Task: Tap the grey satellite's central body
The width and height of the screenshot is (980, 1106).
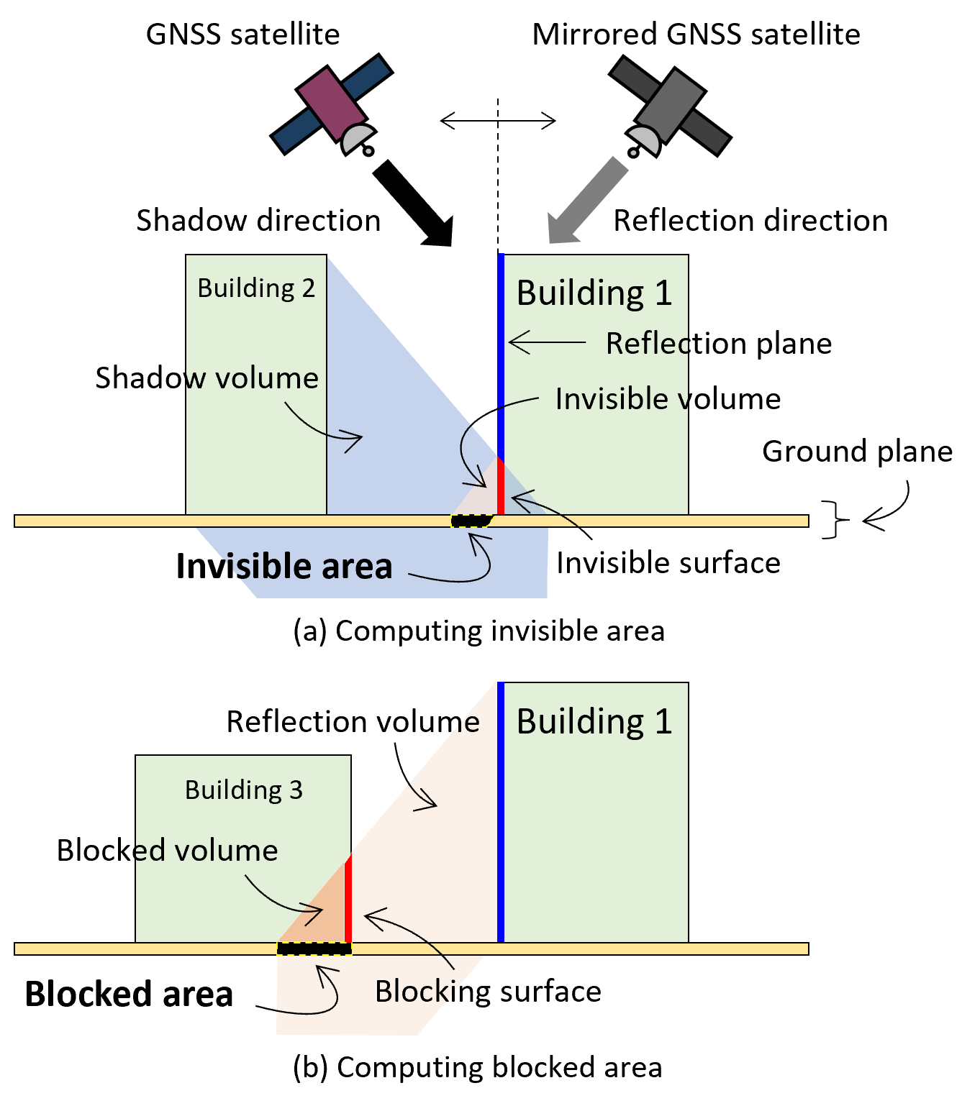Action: point(669,105)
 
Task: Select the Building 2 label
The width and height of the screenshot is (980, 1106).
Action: point(256,288)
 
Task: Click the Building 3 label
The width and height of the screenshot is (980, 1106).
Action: point(244,790)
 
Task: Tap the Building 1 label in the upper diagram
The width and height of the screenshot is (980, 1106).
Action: point(594,293)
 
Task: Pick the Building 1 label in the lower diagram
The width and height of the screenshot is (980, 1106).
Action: point(594,721)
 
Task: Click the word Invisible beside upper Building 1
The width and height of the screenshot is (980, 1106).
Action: point(612,399)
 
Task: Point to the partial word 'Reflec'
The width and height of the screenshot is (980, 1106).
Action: point(646,344)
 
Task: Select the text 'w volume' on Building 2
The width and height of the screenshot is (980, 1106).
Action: point(252,378)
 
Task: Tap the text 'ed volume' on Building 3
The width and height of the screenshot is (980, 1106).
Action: point(207,851)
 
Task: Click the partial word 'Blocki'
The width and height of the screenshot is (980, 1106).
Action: point(414,992)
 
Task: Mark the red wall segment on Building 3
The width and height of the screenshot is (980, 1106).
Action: point(348,899)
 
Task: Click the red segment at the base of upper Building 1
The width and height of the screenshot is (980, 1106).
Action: point(500,486)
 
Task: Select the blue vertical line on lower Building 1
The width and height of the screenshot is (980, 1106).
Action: point(501,813)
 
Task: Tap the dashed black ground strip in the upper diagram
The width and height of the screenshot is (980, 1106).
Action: point(471,521)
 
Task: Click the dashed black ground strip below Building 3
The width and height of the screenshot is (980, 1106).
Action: point(314,949)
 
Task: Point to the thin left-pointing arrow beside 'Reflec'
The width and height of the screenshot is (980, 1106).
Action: point(547,342)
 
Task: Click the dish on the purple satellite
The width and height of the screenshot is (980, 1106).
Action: point(357,137)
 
